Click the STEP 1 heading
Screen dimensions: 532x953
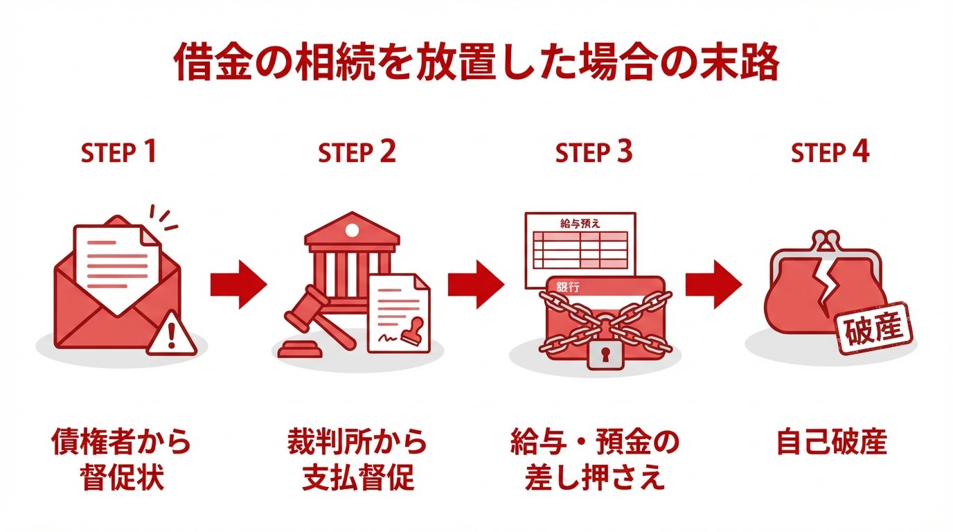coord(118,152)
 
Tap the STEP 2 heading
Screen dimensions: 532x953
coord(357,152)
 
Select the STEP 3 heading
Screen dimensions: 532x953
coord(594,152)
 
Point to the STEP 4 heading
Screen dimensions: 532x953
coord(830,152)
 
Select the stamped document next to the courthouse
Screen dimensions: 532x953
coord(398,312)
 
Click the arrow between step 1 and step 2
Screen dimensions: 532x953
coord(238,284)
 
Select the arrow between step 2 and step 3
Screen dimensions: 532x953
coord(476,284)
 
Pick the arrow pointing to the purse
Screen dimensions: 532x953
coord(713,284)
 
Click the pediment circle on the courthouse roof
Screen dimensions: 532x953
coord(352,230)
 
